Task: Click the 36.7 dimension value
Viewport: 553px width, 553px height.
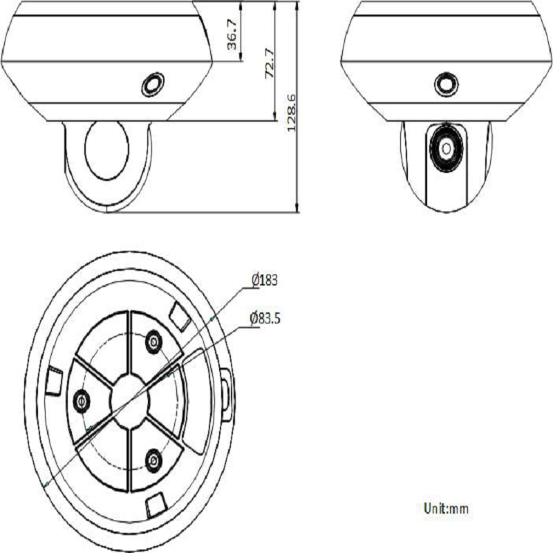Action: (232, 33)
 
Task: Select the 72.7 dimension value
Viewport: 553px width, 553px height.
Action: (270, 63)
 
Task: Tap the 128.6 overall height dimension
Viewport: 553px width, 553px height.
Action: (292, 113)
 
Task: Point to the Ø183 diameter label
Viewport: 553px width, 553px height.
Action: (265, 280)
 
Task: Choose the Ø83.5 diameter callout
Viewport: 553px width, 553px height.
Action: (265, 319)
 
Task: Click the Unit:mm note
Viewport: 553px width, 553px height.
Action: (446, 509)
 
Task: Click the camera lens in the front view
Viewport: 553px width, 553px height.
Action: (446, 148)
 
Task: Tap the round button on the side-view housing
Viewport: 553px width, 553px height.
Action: (153, 84)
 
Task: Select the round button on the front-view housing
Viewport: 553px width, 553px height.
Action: (447, 84)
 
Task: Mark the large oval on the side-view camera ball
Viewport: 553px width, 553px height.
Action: (107, 150)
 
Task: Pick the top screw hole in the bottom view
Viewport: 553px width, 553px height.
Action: (153, 341)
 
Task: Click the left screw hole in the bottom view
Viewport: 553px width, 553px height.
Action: (82, 401)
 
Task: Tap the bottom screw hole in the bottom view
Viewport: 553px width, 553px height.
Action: (153, 460)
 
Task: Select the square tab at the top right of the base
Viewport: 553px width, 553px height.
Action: (180, 315)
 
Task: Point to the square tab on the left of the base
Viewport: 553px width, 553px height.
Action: (55, 381)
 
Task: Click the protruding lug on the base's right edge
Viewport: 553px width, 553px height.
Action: (226, 394)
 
